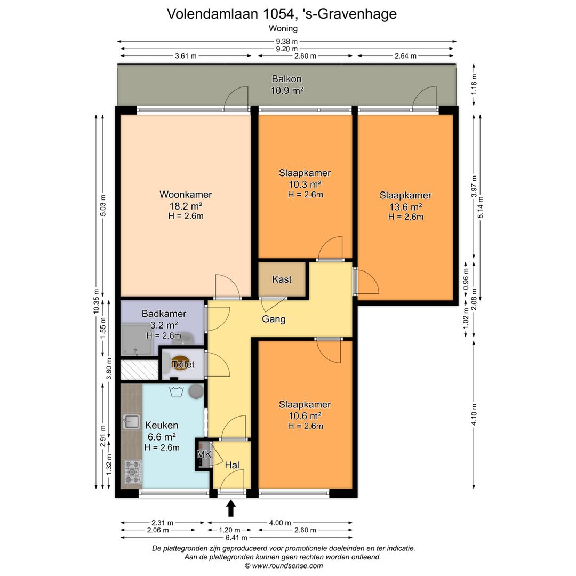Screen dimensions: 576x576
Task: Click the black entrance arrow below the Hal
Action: [231, 508]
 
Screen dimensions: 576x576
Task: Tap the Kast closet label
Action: [282, 279]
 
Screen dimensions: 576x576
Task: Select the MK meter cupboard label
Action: [203, 454]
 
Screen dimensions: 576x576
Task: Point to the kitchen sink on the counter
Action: [130, 422]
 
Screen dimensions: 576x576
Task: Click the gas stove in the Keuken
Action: [131, 471]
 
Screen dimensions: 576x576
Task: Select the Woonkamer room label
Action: [186, 195]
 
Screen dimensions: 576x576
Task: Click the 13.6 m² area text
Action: [405, 206]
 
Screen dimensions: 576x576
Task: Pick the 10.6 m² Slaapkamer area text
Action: [305, 416]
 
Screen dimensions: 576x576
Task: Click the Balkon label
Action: [286, 79]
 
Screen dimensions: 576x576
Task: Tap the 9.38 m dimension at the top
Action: [287, 41]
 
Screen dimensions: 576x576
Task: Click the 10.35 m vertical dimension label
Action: [97, 302]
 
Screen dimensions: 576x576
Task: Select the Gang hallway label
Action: [274, 319]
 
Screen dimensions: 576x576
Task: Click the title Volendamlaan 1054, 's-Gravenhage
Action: [282, 14]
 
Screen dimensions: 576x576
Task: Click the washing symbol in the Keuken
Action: [177, 393]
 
